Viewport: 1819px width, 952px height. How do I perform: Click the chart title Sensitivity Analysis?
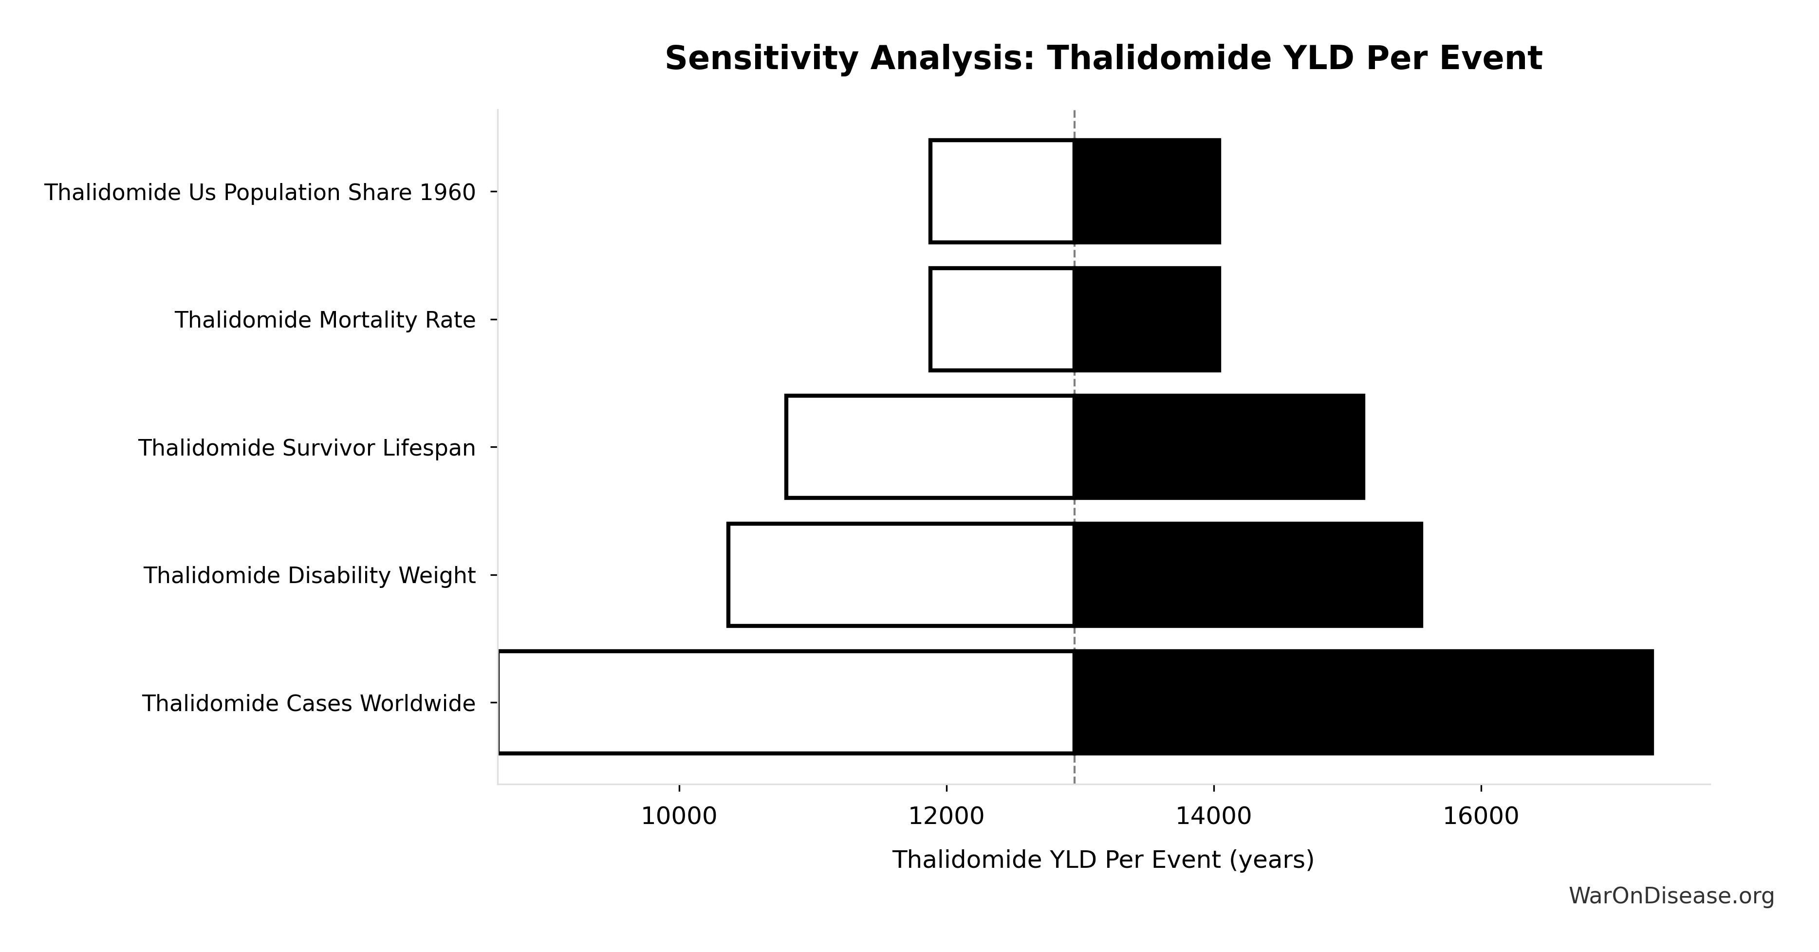[1103, 58]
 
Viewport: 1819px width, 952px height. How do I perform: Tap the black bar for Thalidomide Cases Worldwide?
[1363, 702]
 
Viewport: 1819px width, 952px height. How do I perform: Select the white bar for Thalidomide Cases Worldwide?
[785, 702]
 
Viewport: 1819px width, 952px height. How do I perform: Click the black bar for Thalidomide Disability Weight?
[1248, 574]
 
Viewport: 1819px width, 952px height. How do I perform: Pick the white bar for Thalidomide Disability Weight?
[900, 574]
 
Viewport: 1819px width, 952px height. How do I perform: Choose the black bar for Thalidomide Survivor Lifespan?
[1219, 447]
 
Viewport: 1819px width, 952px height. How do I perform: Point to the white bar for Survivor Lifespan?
[929, 447]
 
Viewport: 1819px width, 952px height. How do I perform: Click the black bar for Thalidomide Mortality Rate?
[1147, 319]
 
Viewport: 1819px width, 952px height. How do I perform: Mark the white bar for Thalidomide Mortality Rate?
[1002, 319]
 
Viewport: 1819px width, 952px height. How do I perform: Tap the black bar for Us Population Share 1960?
[1147, 191]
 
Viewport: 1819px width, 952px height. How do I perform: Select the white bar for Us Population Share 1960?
[1002, 191]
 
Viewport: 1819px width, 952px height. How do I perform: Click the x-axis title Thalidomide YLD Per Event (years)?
[1103, 860]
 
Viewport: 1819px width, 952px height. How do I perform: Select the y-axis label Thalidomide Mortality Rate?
[325, 320]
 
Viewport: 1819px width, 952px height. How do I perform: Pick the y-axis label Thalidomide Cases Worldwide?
[309, 704]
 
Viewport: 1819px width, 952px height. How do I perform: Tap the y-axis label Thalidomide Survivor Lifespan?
[306, 448]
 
